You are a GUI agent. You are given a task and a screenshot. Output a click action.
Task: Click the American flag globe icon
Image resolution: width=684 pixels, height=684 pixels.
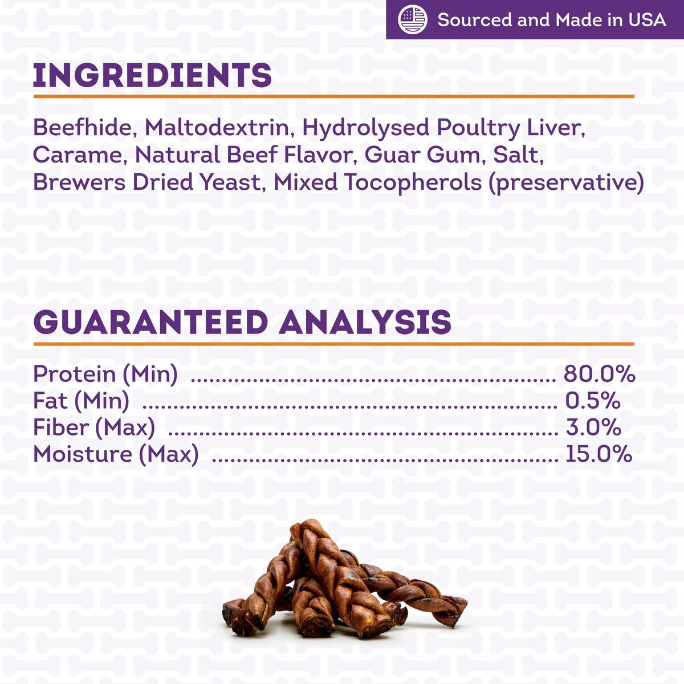point(413,19)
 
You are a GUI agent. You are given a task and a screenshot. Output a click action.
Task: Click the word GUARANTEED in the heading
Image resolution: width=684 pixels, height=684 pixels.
point(151,322)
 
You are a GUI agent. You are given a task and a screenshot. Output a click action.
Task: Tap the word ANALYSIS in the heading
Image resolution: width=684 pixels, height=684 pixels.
point(365,322)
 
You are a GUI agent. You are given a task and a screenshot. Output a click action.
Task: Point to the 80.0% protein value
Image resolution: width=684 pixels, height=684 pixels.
point(599,374)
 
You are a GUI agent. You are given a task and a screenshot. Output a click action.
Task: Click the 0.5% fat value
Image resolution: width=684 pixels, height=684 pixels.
point(593,400)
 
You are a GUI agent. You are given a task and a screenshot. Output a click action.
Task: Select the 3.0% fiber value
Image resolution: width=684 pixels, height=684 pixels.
point(593,427)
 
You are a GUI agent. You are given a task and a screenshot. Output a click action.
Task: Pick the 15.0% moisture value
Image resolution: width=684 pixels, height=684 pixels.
point(599,454)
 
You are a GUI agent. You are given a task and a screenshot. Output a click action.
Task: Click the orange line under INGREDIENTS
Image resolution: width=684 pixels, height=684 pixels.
point(334,96)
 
